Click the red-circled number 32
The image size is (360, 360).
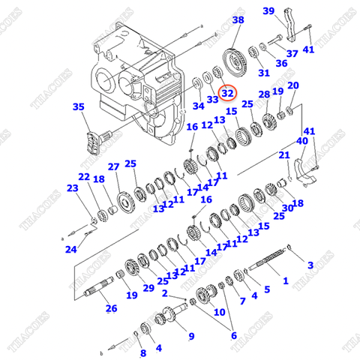click(x=227, y=94)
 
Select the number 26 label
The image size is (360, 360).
click(x=110, y=307)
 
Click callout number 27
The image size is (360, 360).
click(x=113, y=166)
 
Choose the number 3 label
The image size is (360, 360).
click(x=310, y=264)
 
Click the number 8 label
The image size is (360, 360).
click(x=143, y=352)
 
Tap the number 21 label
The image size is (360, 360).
click(x=284, y=155)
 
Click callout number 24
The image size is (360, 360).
click(x=70, y=249)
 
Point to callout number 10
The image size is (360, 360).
click(x=220, y=311)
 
